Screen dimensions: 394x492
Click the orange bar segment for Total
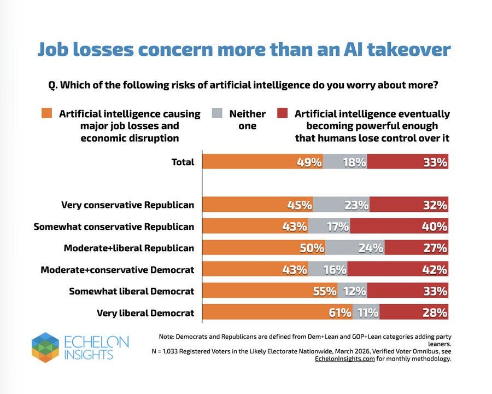(262, 162)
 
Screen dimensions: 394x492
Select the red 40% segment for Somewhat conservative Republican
(399, 226)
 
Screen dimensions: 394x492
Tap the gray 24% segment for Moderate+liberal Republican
(355, 248)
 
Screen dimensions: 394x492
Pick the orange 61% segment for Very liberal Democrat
(277, 312)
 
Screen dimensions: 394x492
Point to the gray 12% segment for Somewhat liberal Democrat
(352, 291)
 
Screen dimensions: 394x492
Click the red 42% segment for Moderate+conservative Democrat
(397, 269)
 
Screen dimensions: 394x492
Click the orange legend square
(46, 114)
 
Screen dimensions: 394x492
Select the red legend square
(282, 114)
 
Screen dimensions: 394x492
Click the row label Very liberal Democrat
(145, 313)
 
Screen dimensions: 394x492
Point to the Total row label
(183, 162)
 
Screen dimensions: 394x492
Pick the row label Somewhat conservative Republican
(114, 227)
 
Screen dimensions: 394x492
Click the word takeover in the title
(409, 50)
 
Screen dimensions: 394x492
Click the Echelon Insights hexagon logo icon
(45, 347)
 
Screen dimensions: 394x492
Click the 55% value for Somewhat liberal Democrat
(324, 291)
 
